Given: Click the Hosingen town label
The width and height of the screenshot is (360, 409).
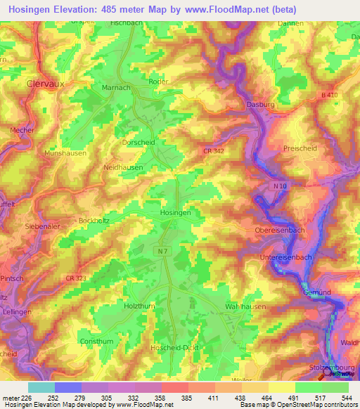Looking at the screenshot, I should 176,212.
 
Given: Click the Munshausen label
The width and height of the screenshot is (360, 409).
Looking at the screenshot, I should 65,152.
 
